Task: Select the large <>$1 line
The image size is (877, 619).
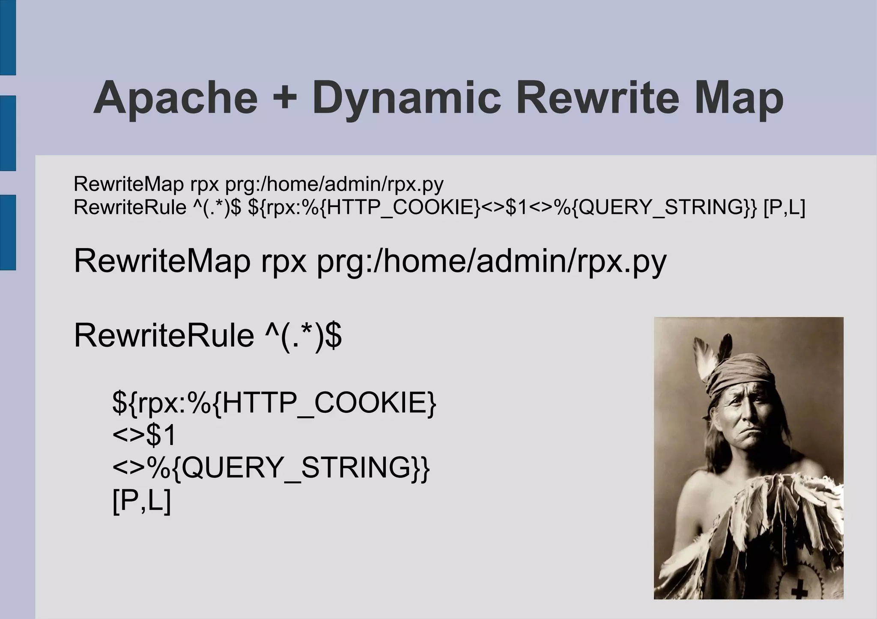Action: pyautogui.click(x=144, y=435)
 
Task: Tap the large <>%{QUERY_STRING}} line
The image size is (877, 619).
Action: pyautogui.click(x=271, y=468)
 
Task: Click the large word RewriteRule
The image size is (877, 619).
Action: pyautogui.click(x=164, y=336)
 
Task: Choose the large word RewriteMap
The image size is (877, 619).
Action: pyautogui.click(x=162, y=261)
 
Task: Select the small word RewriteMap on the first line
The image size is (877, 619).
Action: pyautogui.click(x=129, y=184)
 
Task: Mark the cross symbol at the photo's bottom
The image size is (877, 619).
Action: pyautogui.click(x=799, y=592)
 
